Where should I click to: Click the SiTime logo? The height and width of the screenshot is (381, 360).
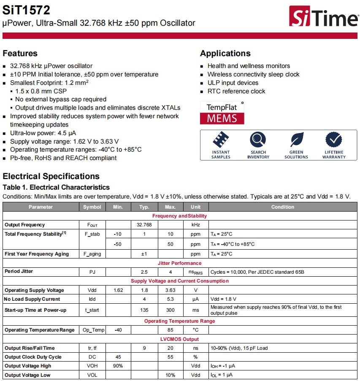(323, 17)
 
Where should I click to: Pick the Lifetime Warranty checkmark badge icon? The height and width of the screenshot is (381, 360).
(334, 139)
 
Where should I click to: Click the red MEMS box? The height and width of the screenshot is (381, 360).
(222, 118)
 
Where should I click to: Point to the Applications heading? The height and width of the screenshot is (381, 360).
(225, 53)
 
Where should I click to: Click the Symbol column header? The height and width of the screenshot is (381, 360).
(92, 207)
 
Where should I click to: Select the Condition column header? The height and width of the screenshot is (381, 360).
(282, 207)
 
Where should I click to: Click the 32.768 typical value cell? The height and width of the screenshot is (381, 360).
(144, 225)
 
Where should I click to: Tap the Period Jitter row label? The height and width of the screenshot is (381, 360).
(19, 271)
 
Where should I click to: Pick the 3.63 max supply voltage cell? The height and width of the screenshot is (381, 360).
(170, 290)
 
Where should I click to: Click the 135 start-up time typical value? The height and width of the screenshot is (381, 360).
(144, 310)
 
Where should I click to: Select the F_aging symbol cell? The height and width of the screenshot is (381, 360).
(92, 254)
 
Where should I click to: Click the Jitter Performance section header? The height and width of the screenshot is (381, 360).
(179, 263)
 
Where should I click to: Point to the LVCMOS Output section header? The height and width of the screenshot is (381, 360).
(179, 339)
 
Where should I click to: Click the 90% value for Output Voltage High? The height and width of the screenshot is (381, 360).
(118, 366)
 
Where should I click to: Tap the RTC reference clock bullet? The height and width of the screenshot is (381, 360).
(236, 91)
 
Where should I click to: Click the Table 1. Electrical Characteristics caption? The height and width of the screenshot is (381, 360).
(56, 187)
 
